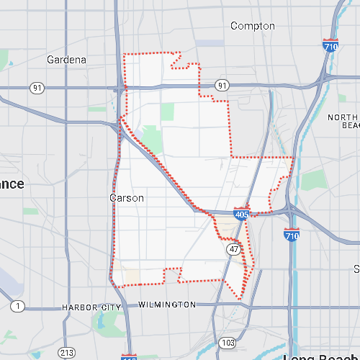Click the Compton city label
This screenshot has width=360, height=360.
(252, 26)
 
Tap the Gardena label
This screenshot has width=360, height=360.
(66, 59)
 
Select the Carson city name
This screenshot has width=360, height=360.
(127, 197)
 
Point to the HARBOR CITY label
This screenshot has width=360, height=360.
(91, 307)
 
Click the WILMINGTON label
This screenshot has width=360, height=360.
(166, 305)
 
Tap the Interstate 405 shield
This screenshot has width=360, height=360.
(242, 214)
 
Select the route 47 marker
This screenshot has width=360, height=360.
(234, 248)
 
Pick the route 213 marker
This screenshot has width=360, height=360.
(66, 353)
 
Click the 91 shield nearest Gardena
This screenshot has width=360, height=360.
(37, 87)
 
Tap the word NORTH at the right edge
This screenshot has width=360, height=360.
(343, 117)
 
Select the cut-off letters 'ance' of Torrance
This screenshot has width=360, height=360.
(12, 184)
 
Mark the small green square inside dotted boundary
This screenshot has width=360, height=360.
(167, 112)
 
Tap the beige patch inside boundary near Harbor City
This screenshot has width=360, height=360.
(131, 276)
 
